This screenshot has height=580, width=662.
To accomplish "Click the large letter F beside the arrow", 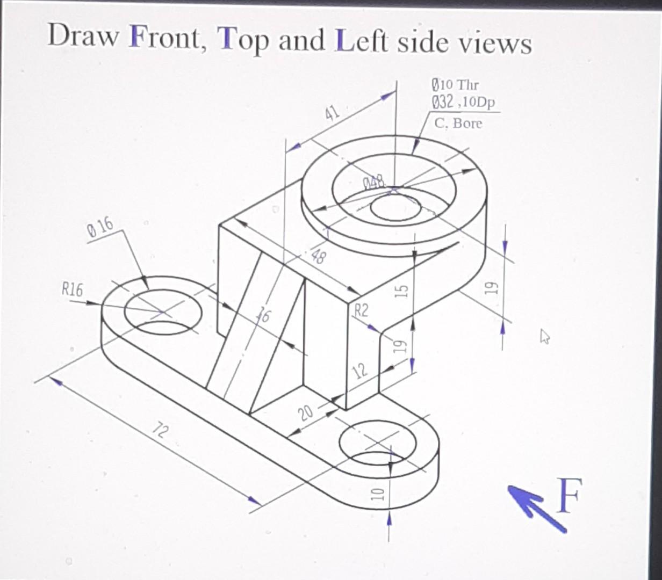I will coord(569,495).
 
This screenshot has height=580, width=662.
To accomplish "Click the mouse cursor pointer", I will coord(545,337).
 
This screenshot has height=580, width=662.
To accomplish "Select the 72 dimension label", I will coord(160,430).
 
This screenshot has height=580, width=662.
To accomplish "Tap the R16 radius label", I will coord(72,291).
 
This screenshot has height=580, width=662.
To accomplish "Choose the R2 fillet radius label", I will coord(361,310).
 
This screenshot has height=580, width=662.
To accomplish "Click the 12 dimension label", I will coord(361,370).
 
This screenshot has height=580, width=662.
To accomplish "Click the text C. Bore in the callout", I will coord(458,124).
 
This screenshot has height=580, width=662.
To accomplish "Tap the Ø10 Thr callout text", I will coord(455,85).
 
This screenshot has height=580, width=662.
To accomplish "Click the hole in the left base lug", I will coord(163,311).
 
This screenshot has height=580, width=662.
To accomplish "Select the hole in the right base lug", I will coord(378,441).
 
